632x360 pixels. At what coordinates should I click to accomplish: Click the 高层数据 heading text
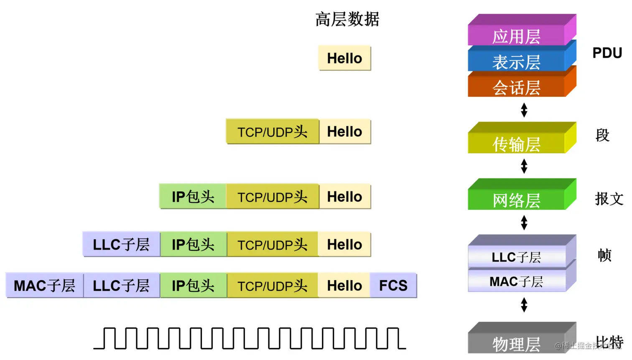pos(347,19)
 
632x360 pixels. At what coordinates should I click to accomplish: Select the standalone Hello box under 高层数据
pos(344,58)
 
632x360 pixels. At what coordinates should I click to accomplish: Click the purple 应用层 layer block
pos(517,36)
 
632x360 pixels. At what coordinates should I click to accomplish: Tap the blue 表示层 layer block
pos(517,62)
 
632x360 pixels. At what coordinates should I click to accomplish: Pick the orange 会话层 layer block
pos(517,87)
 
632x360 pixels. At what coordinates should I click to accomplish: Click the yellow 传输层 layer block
pos(517,143)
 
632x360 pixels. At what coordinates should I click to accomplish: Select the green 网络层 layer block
pos(517,200)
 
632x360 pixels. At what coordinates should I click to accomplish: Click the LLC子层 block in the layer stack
pos(517,257)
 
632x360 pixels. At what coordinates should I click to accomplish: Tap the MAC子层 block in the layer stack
pos(517,281)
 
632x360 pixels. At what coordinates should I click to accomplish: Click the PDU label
pos(607,53)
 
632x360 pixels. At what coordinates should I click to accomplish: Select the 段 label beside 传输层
pos(602,135)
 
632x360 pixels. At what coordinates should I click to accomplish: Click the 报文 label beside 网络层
pos(609,199)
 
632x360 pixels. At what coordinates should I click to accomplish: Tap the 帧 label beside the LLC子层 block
pos(604,255)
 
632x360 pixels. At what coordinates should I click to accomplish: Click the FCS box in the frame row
pos(393,286)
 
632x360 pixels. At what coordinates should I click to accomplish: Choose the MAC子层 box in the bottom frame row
pos(44,286)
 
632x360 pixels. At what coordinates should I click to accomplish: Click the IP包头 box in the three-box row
pos(193,197)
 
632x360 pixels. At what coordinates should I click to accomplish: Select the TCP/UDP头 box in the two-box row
pos(273,132)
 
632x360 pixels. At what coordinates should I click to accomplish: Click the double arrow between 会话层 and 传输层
pos(524,110)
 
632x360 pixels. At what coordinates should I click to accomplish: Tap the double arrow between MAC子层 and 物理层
pos(524,305)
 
